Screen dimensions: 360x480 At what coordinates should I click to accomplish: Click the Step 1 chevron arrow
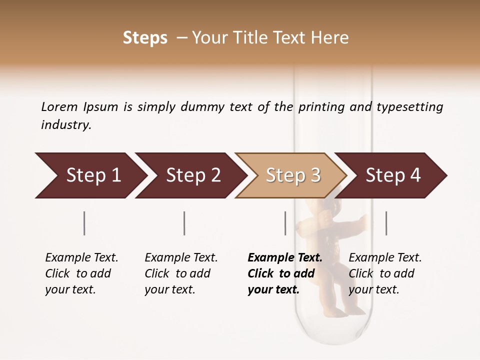tap(90, 175)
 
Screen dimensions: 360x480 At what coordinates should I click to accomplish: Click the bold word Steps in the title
tap(145, 38)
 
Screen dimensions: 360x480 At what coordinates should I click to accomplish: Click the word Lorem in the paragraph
tap(59, 107)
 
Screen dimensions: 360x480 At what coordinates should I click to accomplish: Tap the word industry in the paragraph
tap(65, 125)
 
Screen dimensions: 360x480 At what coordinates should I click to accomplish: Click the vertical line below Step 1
tap(84, 223)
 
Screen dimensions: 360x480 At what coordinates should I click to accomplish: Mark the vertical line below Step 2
tap(184, 223)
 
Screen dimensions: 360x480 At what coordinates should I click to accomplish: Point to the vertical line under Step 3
tap(285, 223)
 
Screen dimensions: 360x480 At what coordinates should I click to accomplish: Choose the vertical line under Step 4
tap(386, 223)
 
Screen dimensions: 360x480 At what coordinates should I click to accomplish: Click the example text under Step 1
tap(81, 273)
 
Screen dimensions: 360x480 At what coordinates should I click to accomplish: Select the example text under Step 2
tap(181, 273)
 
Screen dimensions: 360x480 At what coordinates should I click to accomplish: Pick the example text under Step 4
tap(385, 273)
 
